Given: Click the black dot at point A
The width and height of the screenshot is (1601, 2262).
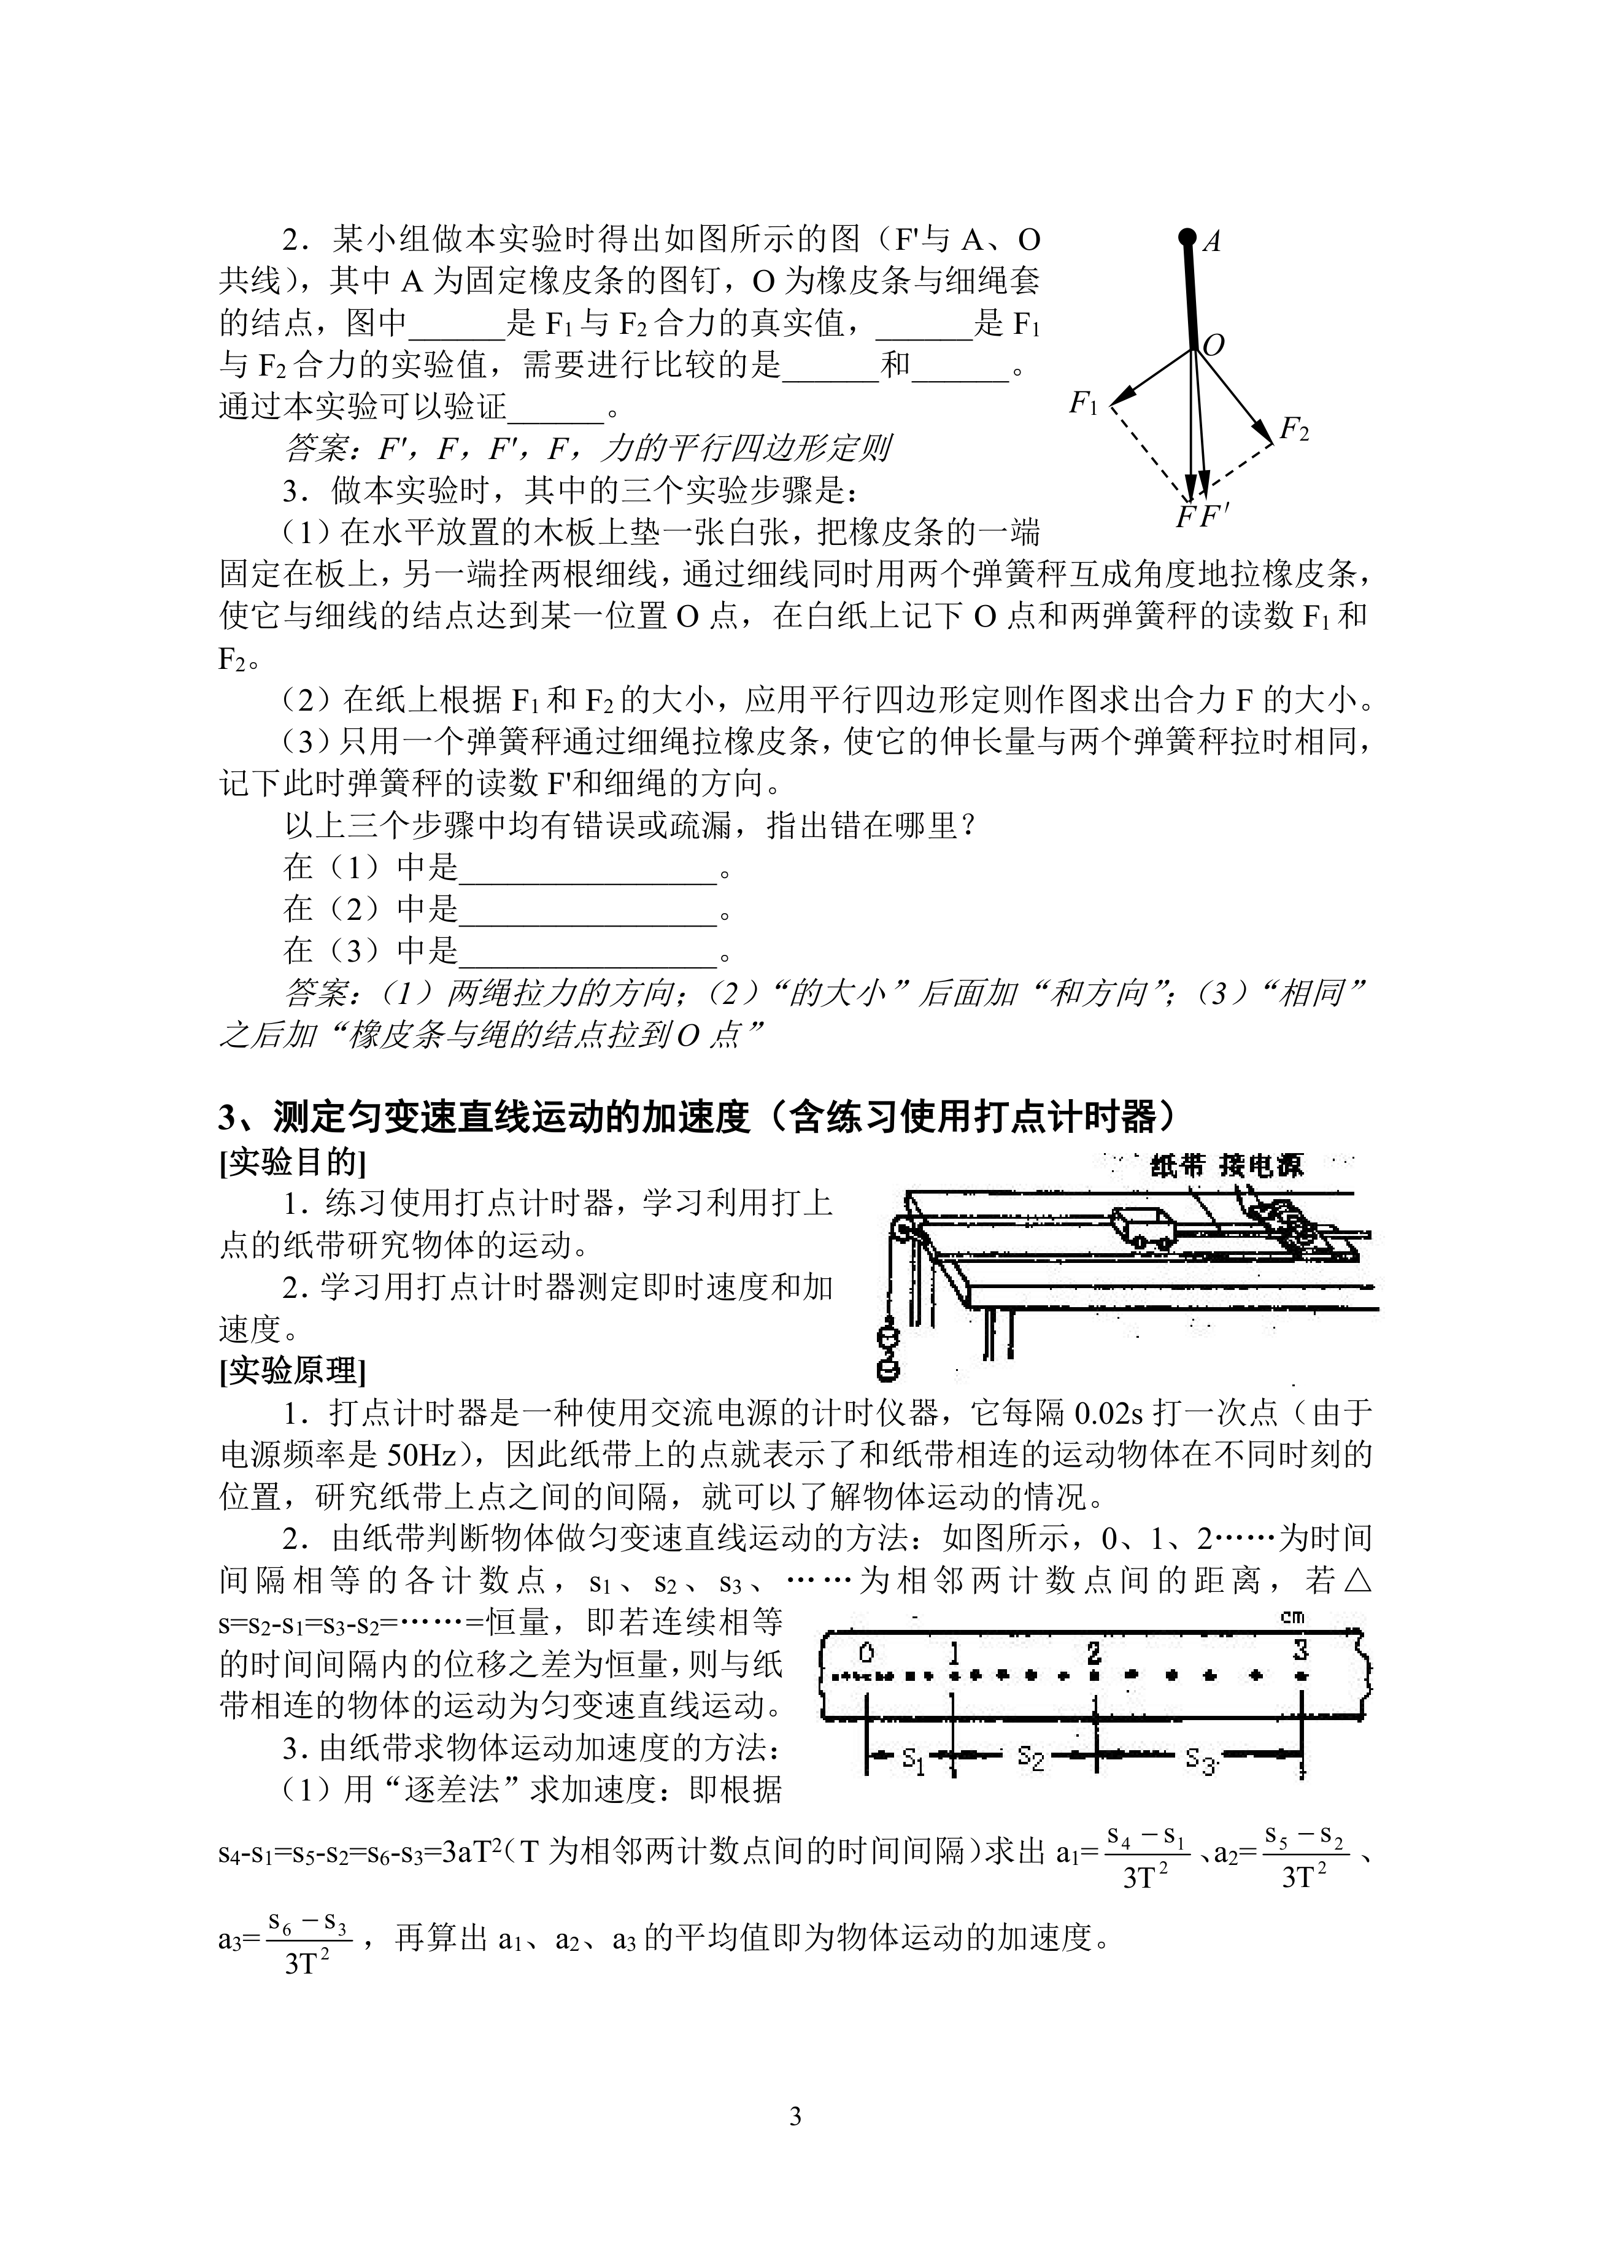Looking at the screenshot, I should [x=1188, y=236].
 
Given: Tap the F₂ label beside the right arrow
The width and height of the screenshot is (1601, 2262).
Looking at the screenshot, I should [x=1294, y=429].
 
